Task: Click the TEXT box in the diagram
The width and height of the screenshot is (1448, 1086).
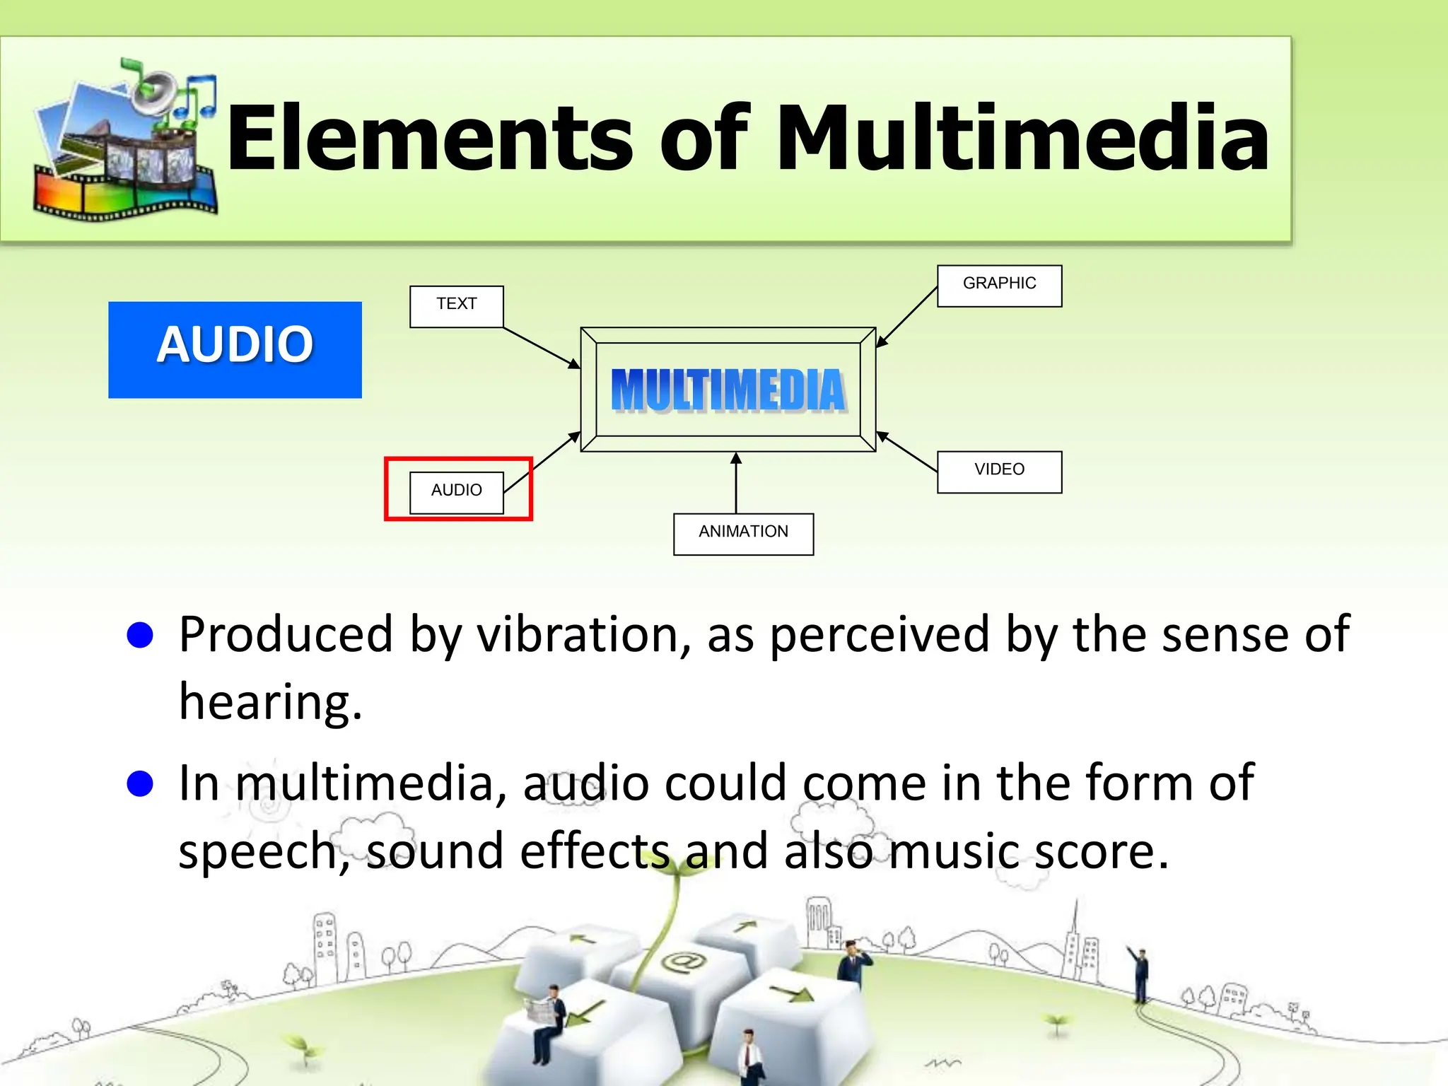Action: [x=456, y=306]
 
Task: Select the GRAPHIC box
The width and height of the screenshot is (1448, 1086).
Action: [x=999, y=286]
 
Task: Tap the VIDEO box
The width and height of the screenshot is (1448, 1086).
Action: [x=999, y=472]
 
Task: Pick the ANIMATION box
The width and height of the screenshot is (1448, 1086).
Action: [x=743, y=534]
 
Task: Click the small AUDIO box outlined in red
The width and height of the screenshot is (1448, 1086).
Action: [x=457, y=491]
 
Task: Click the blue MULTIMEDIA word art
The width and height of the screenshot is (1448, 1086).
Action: [x=728, y=390]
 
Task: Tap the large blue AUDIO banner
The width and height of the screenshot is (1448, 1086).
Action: [x=235, y=349]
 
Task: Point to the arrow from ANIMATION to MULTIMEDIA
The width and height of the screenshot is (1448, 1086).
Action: [x=736, y=483]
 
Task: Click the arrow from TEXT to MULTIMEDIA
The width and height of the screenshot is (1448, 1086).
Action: [x=541, y=347]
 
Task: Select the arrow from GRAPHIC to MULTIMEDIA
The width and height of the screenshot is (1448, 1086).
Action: [x=907, y=317]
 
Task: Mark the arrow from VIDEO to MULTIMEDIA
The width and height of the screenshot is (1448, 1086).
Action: [x=907, y=451]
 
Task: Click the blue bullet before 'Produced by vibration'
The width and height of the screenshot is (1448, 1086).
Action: [x=140, y=634]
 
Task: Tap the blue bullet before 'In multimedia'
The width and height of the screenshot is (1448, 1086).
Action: [x=140, y=783]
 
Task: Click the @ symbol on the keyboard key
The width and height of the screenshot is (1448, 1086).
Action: [x=682, y=961]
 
